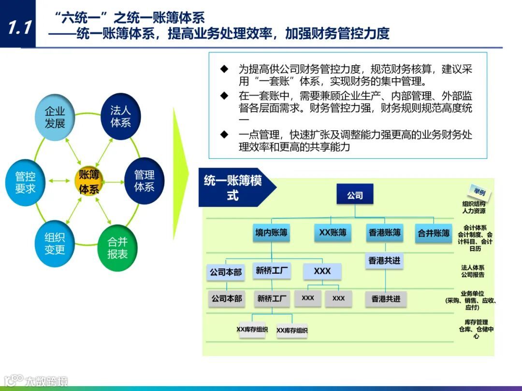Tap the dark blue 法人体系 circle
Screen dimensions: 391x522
coord(120,117)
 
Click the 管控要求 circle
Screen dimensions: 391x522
coord(25,182)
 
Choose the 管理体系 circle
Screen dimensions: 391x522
coord(144,181)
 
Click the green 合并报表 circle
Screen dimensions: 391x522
coord(117,248)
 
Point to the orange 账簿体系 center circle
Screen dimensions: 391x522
coord(89,182)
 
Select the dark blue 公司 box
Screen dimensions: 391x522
coord(355,195)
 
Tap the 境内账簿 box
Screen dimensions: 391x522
coord(272,233)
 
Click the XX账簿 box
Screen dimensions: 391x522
coord(333,233)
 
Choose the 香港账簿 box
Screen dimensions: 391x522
coord(385,233)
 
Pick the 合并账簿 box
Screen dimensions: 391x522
coord(434,233)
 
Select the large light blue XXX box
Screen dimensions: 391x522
coord(322,271)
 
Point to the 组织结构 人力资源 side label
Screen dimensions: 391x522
coord(474,208)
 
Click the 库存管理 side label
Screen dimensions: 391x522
coord(476,329)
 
